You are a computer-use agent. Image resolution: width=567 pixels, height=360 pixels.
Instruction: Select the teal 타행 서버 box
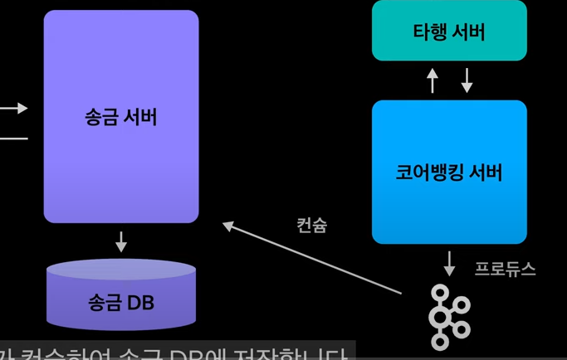(449, 31)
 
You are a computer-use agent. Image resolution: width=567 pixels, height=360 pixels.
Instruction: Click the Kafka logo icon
(449, 317)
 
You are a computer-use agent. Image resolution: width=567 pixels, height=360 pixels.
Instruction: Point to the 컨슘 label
(311, 225)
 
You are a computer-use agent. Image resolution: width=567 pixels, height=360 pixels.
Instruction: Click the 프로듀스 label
(506, 270)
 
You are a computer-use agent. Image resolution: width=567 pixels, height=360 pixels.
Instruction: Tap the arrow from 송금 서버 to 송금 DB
(121, 241)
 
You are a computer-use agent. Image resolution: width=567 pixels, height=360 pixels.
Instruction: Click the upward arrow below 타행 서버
(432, 80)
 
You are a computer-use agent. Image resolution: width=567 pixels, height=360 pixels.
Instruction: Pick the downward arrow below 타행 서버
(467, 80)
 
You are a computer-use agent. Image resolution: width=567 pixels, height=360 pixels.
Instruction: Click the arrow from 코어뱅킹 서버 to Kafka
(449, 264)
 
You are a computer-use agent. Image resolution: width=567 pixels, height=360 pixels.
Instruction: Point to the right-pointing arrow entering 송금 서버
(15, 108)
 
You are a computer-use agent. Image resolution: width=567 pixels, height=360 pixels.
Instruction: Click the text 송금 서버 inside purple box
(121, 117)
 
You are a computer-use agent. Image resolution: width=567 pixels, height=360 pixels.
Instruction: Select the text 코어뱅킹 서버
(449, 173)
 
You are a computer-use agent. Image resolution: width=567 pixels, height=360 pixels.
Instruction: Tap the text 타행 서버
(449, 32)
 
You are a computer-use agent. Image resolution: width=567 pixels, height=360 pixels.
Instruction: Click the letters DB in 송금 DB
(140, 302)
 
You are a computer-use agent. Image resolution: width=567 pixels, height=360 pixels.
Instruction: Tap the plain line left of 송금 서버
(13, 137)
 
